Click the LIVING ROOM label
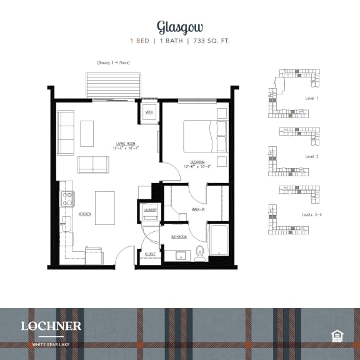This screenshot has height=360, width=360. [125, 144]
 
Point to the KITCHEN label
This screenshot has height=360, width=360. [85, 214]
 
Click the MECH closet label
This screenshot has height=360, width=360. [149, 112]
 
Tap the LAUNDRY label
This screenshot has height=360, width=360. [150, 210]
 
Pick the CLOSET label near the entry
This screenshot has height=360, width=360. [150, 254]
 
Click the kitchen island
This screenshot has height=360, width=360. [105, 207]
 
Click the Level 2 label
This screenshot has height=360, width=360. [312, 157]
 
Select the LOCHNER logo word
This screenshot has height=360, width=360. [51, 326]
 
